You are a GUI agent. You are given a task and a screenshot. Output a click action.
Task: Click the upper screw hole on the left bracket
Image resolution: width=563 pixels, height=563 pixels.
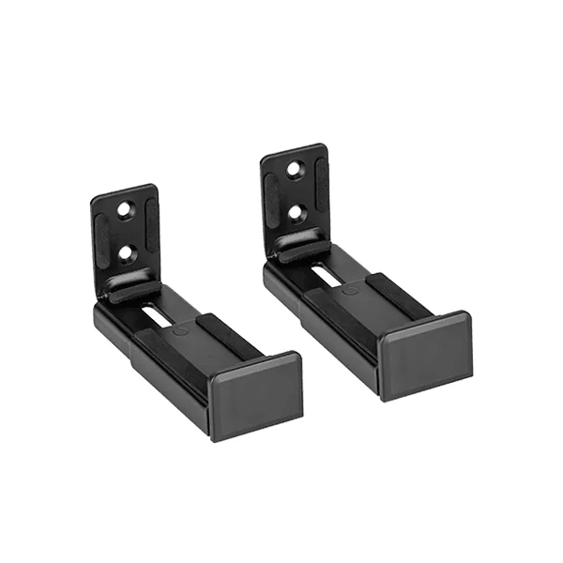(126, 212)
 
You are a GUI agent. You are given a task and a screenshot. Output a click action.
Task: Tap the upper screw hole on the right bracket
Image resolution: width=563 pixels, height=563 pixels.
(293, 172)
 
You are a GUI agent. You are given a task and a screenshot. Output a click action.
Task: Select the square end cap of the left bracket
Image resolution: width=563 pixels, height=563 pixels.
(255, 392)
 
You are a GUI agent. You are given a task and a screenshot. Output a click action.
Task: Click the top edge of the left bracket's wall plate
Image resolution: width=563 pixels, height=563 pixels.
(123, 191)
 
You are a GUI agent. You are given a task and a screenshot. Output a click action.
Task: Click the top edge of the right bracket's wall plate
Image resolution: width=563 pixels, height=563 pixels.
(291, 150)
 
